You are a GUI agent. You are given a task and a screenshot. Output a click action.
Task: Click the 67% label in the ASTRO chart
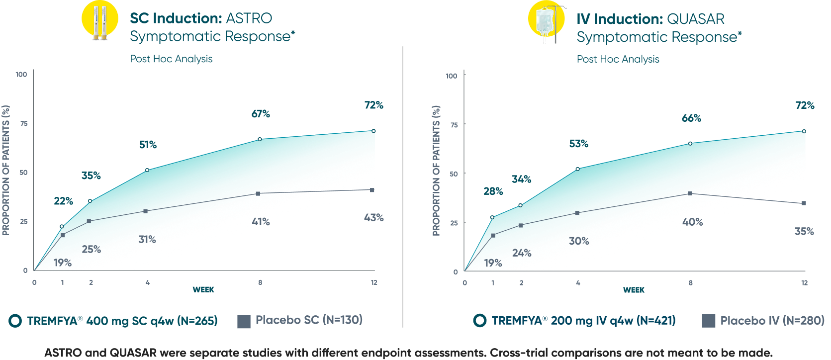point(261,114)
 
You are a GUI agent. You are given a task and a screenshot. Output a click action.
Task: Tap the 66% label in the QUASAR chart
point(691,118)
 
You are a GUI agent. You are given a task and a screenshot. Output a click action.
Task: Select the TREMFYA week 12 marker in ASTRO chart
point(373,131)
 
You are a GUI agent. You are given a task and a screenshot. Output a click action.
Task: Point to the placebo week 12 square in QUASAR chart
point(804,203)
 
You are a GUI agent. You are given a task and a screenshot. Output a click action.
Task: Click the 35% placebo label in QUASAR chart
point(804,231)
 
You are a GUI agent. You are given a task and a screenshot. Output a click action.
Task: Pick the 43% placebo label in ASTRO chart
point(373,218)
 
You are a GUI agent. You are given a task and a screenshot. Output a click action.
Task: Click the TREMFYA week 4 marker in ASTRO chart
point(147,170)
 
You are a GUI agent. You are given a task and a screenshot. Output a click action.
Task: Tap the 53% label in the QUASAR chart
point(578,144)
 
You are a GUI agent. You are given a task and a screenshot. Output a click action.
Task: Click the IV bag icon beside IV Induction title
point(547,21)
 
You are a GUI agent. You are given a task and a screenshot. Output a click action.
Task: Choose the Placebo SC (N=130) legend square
point(244,321)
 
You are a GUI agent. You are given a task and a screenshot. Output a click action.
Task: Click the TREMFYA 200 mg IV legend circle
point(479,321)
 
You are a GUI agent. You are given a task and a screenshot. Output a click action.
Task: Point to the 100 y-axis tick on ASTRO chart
point(21,75)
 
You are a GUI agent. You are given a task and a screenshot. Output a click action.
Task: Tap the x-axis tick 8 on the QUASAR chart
point(690,283)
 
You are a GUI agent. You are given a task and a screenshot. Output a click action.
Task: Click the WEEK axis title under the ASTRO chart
point(203,289)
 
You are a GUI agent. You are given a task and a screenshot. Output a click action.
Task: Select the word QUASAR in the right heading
point(695,19)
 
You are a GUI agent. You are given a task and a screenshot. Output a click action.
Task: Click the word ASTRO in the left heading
point(249,18)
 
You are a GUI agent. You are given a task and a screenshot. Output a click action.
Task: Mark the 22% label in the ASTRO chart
point(64,201)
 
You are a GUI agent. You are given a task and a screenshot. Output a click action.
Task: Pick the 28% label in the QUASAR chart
point(493,191)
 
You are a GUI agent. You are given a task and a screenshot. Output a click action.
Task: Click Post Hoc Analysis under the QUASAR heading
point(618,59)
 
